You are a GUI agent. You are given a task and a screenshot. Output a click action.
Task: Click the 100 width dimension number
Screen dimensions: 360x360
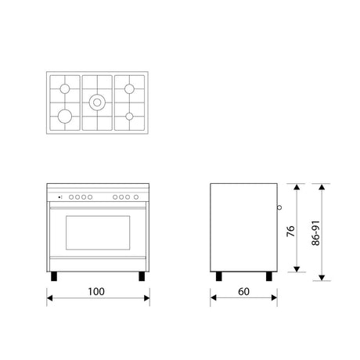pyautogui.click(x=96, y=292)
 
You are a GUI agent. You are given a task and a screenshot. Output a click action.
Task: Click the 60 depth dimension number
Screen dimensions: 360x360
pyautogui.click(x=244, y=292)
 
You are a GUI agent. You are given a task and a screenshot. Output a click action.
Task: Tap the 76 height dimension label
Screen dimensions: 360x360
pyautogui.click(x=290, y=231)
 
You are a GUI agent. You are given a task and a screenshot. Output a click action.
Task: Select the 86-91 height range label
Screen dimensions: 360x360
pyautogui.click(x=315, y=233)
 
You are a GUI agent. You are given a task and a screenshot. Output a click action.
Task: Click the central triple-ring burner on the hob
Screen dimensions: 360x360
pyautogui.click(x=97, y=103)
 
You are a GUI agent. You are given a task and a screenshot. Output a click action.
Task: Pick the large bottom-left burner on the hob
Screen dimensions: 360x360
pyautogui.click(x=65, y=116)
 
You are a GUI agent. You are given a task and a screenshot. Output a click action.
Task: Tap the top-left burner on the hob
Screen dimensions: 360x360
pyautogui.click(x=65, y=88)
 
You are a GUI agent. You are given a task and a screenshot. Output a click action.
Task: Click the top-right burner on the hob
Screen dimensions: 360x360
pyautogui.click(x=129, y=88)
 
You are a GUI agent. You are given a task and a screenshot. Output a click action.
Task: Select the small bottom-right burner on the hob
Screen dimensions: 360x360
pyautogui.click(x=129, y=117)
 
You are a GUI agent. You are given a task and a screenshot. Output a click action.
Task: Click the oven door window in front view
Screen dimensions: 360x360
pyautogui.click(x=98, y=232)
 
